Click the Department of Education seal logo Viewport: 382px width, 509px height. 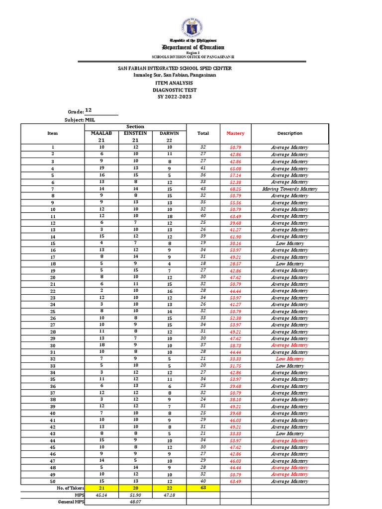coord(191,22)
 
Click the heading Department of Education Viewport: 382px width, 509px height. coord(191,47)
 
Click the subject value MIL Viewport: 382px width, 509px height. coord(90,120)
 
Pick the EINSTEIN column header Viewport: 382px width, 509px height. coord(128,133)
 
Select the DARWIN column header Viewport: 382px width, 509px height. coord(169,133)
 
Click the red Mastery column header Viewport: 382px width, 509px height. coord(235,133)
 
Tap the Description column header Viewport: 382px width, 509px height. coord(290,133)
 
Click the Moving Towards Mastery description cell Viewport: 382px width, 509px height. coord(290,189)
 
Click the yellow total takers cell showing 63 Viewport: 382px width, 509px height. coord(203,488)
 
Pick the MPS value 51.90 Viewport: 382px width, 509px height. coord(128,495)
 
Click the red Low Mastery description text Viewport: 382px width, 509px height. coord(290,359)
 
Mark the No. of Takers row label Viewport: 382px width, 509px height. coord(69,488)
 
